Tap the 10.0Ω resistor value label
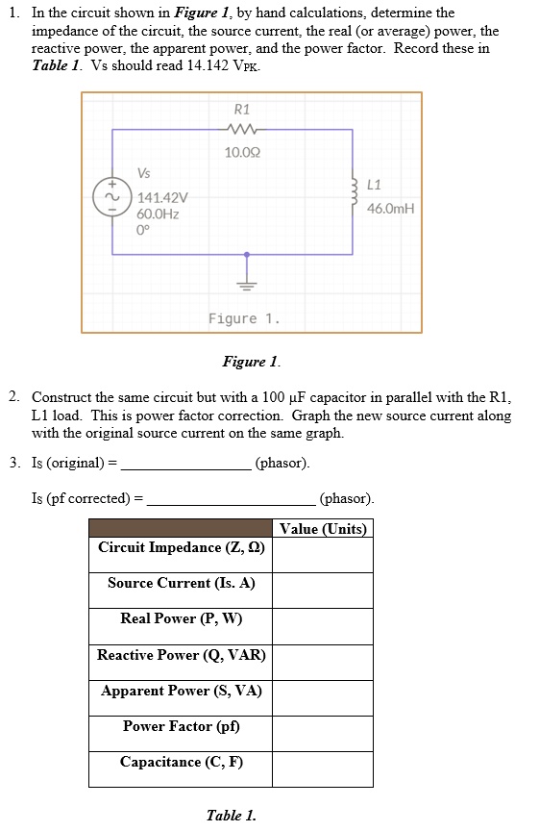(242, 152)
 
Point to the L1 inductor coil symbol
(355, 193)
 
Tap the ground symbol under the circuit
(248, 282)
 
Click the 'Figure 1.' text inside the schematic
(244, 318)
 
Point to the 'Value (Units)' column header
(323, 529)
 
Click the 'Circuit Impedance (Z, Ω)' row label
(182, 547)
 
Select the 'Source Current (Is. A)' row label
(182, 583)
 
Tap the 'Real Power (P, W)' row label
(182, 618)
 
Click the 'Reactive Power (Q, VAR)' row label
(182, 655)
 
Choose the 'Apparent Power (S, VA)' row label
(182, 691)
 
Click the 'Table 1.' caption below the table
(231, 816)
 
